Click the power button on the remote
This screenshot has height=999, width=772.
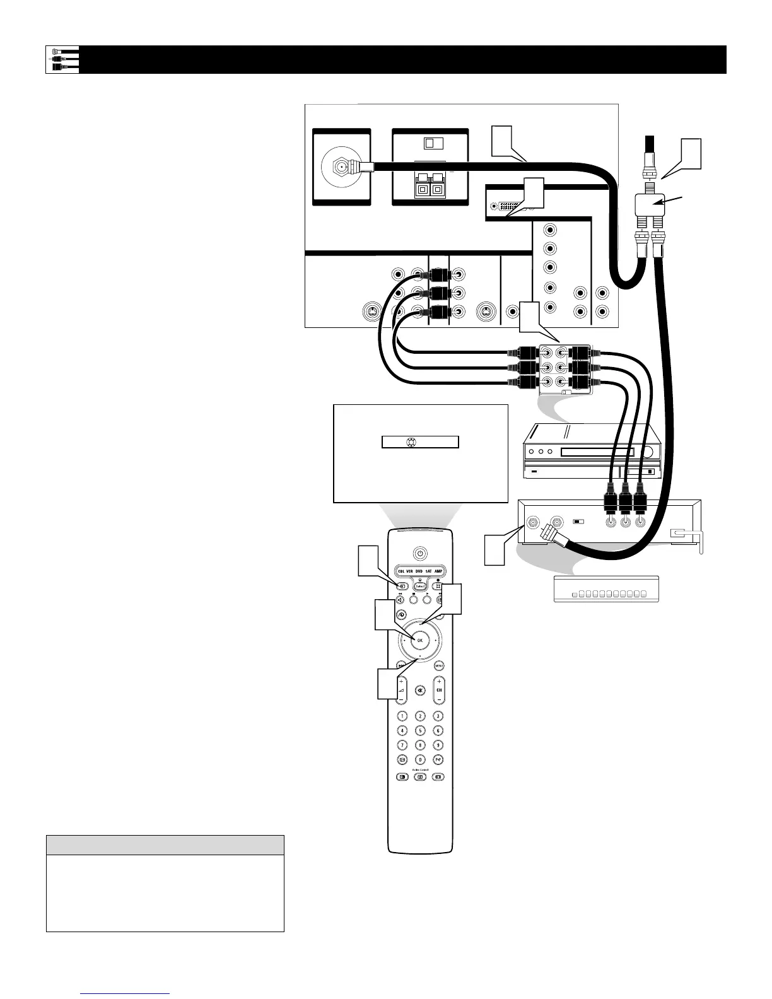[420, 553]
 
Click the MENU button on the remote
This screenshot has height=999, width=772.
[439, 665]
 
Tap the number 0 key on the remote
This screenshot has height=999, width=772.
[420, 759]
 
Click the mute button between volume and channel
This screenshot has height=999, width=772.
[420, 690]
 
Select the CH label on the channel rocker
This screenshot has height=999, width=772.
[439, 690]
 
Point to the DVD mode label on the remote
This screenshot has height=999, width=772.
[420, 571]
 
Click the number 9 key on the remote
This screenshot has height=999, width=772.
[438, 745]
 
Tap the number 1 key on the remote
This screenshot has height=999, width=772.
[402, 716]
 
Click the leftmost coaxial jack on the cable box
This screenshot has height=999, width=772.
[534, 522]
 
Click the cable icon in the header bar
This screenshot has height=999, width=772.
[62, 59]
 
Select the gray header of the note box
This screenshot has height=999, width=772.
[165, 844]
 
